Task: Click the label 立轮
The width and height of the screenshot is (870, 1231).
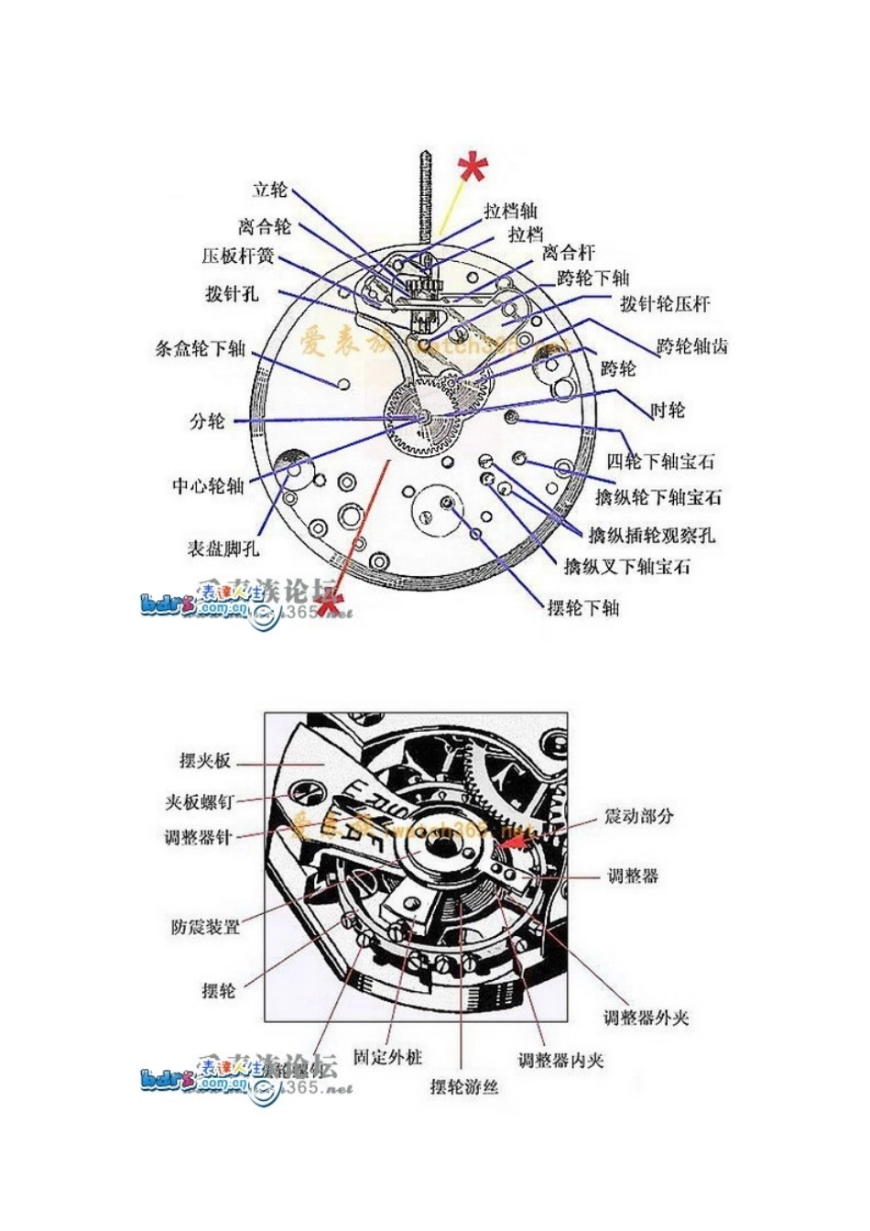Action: pyautogui.click(x=270, y=190)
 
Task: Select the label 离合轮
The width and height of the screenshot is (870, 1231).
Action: pyautogui.click(x=265, y=226)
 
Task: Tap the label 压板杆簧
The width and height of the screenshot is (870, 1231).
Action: pyautogui.click(x=238, y=256)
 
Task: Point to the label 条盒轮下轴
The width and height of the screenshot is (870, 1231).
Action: pyautogui.click(x=201, y=348)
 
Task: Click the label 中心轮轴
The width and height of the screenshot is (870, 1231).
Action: pyautogui.click(x=208, y=485)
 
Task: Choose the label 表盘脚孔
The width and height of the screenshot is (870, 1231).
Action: pyautogui.click(x=223, y=549)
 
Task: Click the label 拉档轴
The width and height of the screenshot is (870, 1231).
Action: pyautogui.click(x=511, y=211)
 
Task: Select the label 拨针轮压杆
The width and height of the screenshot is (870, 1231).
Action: pyautogui.click(x=664, y=303)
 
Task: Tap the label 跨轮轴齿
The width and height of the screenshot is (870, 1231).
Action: pyautogui.click(x=692, y=347)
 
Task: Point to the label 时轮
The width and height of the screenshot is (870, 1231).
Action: pyautogui.click(x=668, y=410)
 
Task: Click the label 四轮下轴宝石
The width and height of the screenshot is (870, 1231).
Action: pyautogui.click(x=660, y=461)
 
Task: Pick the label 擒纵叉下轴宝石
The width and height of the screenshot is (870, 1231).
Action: pyautogui.click(x=626, y=566)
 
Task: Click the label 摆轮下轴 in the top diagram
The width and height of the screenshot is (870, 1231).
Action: pyautogui.click(x=583, y=607)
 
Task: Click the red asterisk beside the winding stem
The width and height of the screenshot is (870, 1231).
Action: pyautogui.click(x=473, y=169)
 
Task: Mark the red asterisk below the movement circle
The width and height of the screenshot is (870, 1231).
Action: pyautogui.click(x=329, y=602)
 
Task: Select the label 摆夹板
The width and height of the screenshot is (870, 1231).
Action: pyautogui.click(x=205, y=761)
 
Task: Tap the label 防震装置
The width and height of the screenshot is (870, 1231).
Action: pyautogui.click(x=205, y=926)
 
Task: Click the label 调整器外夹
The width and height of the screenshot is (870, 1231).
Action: pyautogui.click(x=646, y=1018)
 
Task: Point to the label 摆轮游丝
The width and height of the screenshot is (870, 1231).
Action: pyautogui.click(x=464, y=1087)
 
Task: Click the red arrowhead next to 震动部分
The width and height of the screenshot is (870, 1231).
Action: pyautogui.click(x=517, y=836)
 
